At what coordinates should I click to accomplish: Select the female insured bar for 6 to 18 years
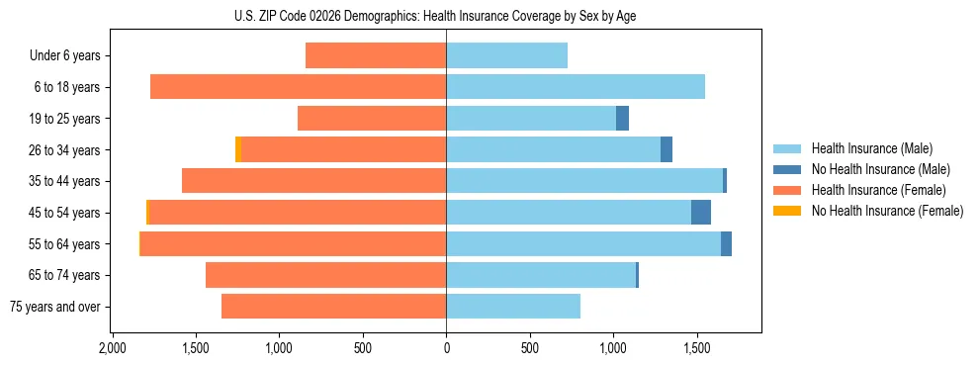(x=298, y=87)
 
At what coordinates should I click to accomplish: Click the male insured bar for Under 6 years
(x=506, y=55)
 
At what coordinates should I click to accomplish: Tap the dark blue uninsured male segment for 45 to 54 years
(x=700, y=213)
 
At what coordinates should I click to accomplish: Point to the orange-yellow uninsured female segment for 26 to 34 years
(x=238, y=149)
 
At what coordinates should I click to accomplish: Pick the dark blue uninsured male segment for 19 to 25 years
(x=622, y=119)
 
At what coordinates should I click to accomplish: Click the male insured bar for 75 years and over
(x=513, y=307)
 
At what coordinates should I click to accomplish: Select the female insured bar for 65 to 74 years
(x=325, y=275)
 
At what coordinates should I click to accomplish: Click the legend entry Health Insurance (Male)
(x=871, y=148)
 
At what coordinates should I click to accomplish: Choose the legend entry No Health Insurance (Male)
(x=879, y=169)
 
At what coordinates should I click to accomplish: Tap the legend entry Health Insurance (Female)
(x=878, y=190)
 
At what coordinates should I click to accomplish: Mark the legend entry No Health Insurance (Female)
(x=886, y=211)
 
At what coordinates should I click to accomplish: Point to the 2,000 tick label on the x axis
(x=112, y=349)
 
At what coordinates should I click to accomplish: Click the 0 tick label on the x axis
(x=446, y=349)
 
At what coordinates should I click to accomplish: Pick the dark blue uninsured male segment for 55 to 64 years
(x=726, y=243)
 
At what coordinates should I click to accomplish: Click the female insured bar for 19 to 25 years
(x=372, y=119)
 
